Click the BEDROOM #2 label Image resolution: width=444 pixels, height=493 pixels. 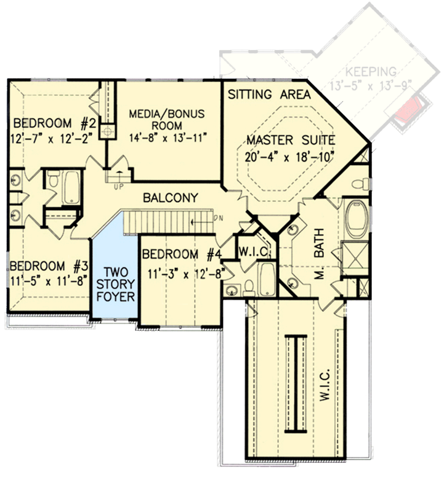click(50, 121)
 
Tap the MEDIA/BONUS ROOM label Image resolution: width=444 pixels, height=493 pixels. click(166, 114)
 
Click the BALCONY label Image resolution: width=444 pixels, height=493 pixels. click(170, 198)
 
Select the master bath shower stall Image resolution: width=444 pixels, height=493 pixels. click(356, 259)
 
